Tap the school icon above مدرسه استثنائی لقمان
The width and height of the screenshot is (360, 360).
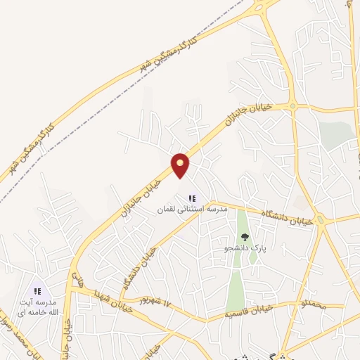click(192, 199)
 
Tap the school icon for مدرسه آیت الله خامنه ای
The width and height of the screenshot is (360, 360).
click(39, 290)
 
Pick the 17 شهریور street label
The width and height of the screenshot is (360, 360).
click(156, 304)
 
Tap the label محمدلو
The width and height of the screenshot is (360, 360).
click(313, 305)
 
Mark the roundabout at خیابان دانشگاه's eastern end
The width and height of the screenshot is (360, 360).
click(321, 222)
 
